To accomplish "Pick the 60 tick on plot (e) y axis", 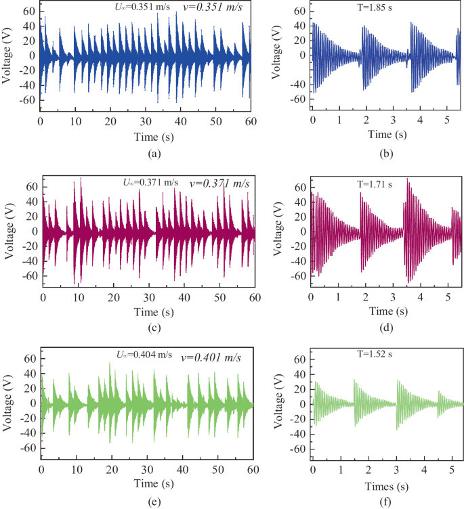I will (x=24, y=358).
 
